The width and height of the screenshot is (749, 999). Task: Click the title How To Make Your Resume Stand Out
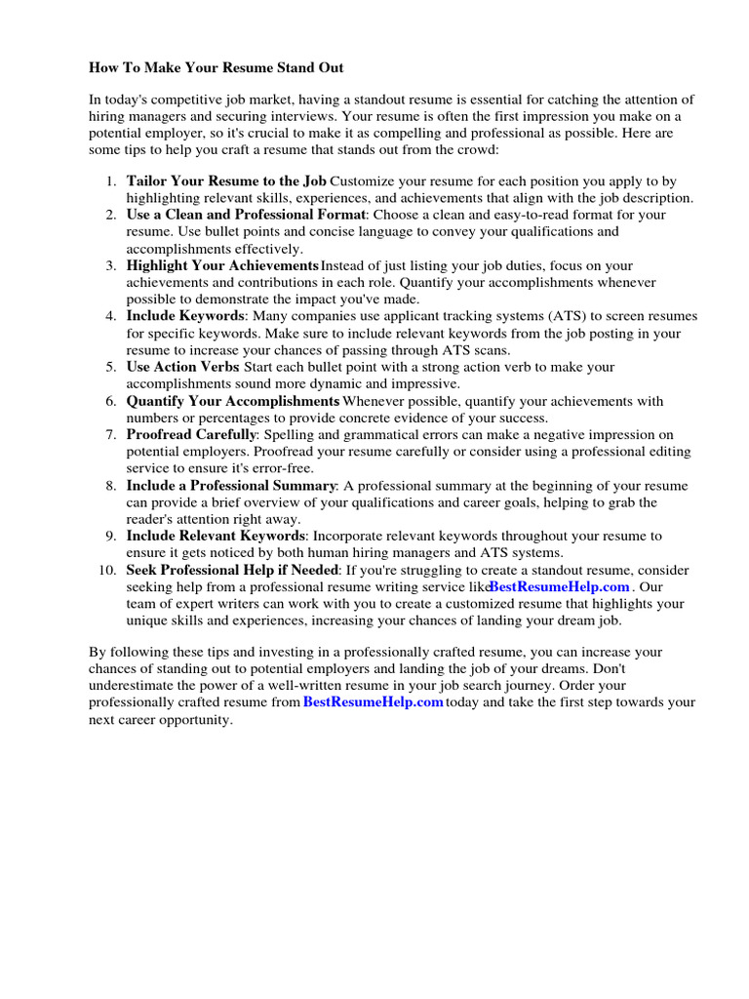tap(217, 68)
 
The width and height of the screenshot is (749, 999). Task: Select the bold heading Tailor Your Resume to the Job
tap(226, 181)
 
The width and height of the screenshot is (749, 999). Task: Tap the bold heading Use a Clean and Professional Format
tap(246, 215)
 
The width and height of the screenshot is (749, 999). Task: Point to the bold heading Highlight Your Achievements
tap(222, 265)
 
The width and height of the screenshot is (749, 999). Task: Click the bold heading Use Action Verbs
tap(182, 367)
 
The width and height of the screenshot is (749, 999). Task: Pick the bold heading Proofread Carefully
tap(191, 434)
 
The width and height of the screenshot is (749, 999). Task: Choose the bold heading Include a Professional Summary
tap(231, 486)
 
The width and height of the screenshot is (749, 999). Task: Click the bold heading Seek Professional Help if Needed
tap(232, 570)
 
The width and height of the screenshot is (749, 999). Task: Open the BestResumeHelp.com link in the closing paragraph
tap(374, 702)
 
